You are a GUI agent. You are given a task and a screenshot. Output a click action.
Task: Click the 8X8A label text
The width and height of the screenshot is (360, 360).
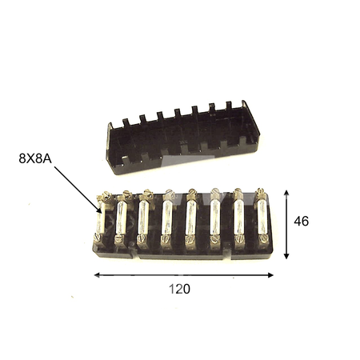pyautogui.click(x=35, y=158)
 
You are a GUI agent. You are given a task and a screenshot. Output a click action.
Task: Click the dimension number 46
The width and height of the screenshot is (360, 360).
pyautogui.click(x=302, y=221)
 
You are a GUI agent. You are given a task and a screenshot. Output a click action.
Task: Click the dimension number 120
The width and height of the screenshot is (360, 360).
pyautogui.click(x=179, y=289)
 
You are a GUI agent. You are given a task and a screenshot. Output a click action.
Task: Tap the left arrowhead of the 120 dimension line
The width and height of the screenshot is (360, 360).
pyautogui.click(x=97, y=275)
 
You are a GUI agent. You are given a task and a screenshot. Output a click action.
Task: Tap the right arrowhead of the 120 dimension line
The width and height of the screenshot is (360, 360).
pyautogui.click(x=270, y=275)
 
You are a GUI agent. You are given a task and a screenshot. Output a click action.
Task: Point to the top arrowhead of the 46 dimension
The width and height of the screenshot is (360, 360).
pyautogui.click(x=286, y=193)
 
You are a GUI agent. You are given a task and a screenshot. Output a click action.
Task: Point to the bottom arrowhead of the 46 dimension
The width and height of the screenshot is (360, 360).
pyautogui.click(x=286, y=256)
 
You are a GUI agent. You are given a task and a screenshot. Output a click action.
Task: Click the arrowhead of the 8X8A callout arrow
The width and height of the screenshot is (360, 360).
pyautogui.click(x=99, y=210)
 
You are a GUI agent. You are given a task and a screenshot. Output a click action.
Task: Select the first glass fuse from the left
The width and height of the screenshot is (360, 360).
pyautogui.click(x=100, y=218)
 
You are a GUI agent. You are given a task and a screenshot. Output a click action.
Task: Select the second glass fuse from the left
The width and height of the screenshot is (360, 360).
pyautogui.click(x=122, y=218)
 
